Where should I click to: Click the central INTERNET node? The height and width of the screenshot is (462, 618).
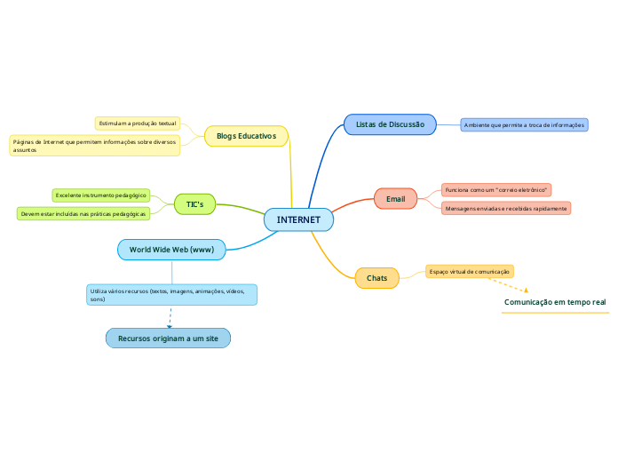tap(298, 219)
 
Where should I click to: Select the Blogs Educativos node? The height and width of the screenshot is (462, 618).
tap(246, 136)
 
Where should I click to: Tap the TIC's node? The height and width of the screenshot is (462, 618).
tap(194, 204)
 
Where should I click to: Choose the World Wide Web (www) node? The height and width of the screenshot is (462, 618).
tap(171, 250)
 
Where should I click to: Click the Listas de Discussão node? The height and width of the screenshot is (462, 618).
tap(390, 124)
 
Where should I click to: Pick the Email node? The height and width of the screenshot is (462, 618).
tap(395, 199)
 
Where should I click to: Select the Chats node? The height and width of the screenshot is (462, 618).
tap(376, 278)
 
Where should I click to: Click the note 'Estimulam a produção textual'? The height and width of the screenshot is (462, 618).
tap(138, 123)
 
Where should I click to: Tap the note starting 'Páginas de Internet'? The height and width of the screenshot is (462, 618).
tap(94, 146)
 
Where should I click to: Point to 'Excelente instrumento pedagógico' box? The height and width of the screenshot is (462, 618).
tap(100, 195)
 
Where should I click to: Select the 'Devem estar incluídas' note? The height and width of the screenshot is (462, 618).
tap(83, 214)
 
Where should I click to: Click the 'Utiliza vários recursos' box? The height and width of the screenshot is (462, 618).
tap(170, 295)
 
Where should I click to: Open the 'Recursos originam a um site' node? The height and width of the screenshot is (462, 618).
tap(168, 339)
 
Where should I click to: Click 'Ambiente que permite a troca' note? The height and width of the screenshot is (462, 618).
tap(524, 125)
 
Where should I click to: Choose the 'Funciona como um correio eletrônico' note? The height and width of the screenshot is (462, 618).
tap(496, 190)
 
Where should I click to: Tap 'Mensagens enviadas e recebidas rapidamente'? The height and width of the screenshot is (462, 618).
tap(506, 208)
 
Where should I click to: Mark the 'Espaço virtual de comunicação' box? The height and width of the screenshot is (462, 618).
tap(469, 271)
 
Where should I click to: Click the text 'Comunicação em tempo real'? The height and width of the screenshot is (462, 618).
tap(555, 303)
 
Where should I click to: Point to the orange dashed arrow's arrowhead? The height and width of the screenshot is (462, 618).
tap(526, 290)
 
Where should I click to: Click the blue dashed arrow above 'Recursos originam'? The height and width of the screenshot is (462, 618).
tap(170, 317)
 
